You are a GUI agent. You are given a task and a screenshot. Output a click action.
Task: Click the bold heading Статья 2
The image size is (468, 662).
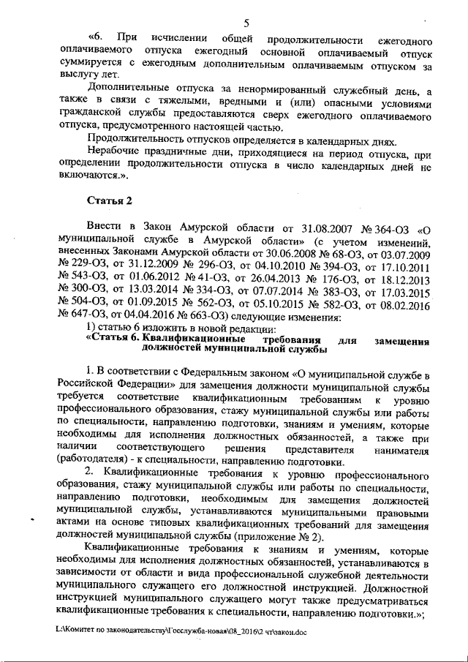pos(110,200)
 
